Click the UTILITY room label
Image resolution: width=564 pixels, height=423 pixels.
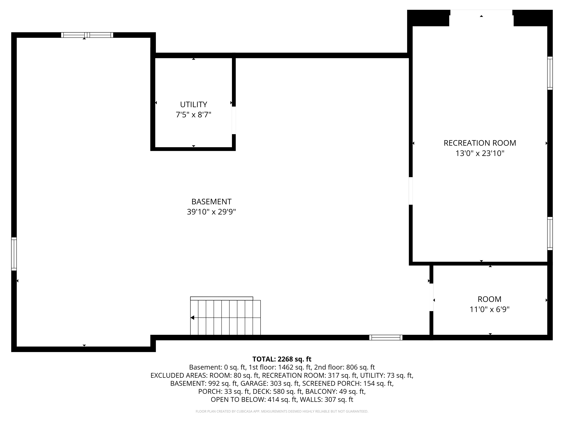coord(194,104)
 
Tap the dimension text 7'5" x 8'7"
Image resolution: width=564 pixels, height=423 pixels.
coord(194,115)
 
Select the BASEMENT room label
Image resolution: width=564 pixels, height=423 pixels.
coord(211,202)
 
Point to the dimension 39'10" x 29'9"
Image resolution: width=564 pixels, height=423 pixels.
coord(211,212)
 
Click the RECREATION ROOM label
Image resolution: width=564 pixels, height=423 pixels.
coord(480,143)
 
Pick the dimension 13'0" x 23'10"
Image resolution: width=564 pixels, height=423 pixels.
coord(480,153)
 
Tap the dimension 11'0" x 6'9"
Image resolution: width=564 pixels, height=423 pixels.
coord(490,309)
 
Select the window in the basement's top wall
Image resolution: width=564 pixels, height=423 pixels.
coord(87,35)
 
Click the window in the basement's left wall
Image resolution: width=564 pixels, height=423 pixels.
coord(14,254)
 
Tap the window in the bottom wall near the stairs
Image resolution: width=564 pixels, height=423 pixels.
coord(386,338)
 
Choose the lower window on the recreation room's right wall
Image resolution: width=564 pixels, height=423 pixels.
coord(550,233)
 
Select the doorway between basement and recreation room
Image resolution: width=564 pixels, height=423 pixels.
coord(411,191)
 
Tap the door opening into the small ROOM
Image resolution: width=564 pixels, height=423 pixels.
coord(431,297)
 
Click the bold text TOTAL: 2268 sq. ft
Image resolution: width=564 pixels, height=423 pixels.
coord(282,359)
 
